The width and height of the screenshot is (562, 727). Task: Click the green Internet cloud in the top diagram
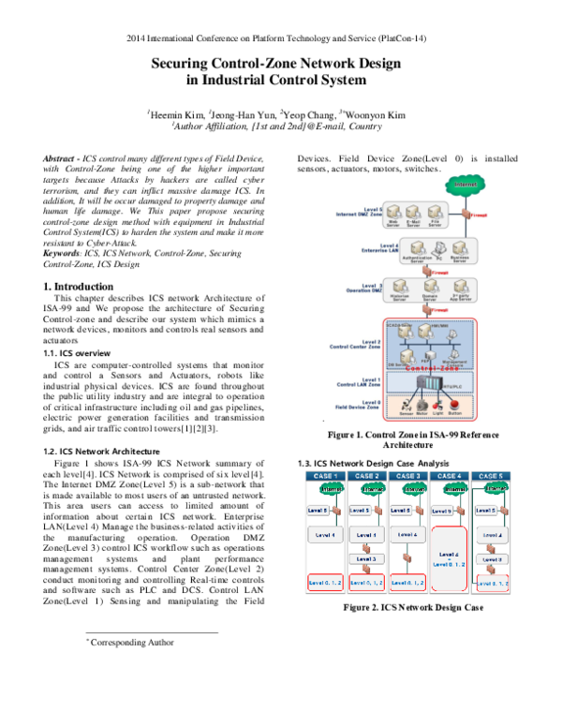tap(460, 185)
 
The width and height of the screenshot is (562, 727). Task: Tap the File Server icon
tap(436, 212)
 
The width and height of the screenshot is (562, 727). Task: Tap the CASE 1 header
tap(325, 476)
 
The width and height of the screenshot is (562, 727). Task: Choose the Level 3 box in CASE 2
tap(366, 559)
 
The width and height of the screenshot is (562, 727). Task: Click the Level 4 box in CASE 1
tap(324, 535)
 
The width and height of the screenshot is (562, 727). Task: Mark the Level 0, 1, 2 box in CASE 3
tap(407, 583)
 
